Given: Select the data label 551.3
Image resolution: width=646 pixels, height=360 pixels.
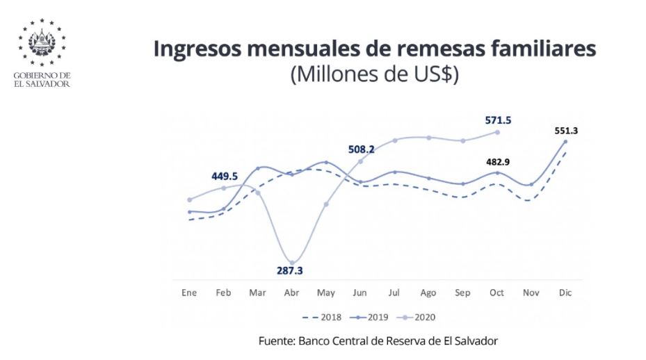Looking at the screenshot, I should (x=565, y=130).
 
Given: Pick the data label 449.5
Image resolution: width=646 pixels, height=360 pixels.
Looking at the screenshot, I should (x=225, y=176).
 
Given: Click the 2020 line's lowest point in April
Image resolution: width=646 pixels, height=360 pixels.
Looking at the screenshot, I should (x=292, y=263).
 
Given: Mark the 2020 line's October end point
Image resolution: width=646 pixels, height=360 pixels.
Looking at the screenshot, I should (x=497, y=131).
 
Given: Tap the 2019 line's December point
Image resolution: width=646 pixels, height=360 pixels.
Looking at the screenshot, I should (x=565, y=142).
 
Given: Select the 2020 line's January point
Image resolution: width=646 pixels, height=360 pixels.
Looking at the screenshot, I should (x=190, y=199).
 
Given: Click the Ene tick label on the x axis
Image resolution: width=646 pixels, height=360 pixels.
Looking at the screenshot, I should (x=189, y=293).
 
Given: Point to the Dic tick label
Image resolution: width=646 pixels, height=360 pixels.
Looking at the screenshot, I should (x=565, y=293).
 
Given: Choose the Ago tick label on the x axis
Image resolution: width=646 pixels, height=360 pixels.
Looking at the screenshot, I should (x=428, y=293).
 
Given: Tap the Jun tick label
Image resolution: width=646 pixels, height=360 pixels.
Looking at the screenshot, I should (x=360, y=293).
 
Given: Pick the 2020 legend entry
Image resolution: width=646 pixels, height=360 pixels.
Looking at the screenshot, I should (x=417, y=318).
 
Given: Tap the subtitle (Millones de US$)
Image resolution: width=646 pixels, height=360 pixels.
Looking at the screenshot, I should (x=374, y=74).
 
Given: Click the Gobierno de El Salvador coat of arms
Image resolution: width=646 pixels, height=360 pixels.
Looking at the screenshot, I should (x=42, y=40).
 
